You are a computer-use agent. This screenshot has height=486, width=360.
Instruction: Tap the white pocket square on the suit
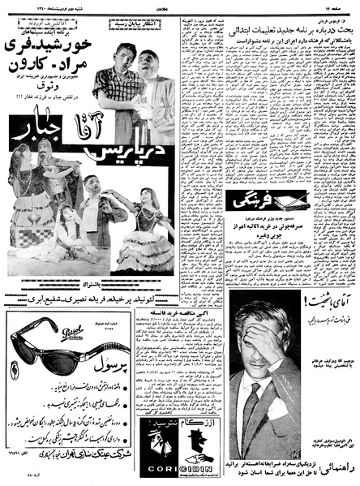coord(287,414)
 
